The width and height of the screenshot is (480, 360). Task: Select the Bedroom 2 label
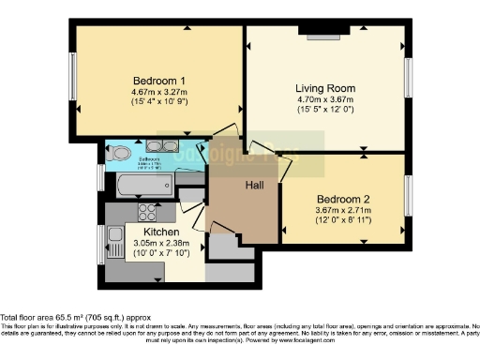(344, 200)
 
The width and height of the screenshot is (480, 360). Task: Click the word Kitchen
(160, 231)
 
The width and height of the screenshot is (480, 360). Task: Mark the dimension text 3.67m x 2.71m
(344, 211)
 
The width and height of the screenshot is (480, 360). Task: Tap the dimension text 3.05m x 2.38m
(160, 242)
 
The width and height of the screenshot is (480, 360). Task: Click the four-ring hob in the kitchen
(146, 212)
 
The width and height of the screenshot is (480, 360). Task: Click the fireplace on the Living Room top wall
(323, 35)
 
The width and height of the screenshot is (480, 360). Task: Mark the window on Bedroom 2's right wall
(408, 194)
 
